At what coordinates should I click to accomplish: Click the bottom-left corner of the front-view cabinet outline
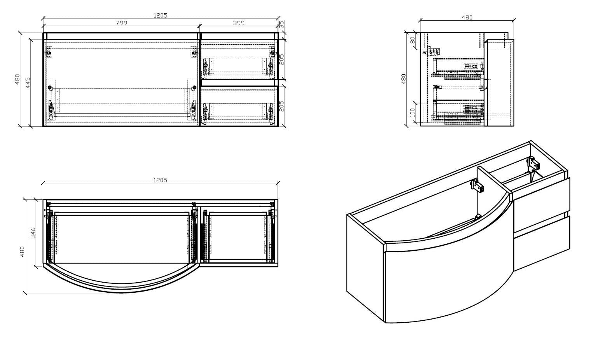coord(43,126)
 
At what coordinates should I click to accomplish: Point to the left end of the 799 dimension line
coord(44,26)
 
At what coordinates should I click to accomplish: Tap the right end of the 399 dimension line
coord(278,26)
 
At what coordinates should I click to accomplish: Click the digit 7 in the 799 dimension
coord(118,23)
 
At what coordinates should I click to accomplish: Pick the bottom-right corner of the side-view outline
coord(514,126)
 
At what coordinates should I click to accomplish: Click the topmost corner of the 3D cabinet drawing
coord(531,141)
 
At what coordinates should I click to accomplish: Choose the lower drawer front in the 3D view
coord(541,243)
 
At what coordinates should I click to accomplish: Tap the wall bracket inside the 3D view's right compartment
coord(533,163)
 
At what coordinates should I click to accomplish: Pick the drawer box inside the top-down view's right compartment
coord(238,236)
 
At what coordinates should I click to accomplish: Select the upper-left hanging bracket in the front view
coord(49,51)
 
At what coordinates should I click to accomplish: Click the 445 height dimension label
coord(28,82)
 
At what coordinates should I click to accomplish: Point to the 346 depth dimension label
coord(33,233)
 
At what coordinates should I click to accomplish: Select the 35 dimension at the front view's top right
coord(282,24)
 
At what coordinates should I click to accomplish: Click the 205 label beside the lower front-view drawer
coord(282,106)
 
